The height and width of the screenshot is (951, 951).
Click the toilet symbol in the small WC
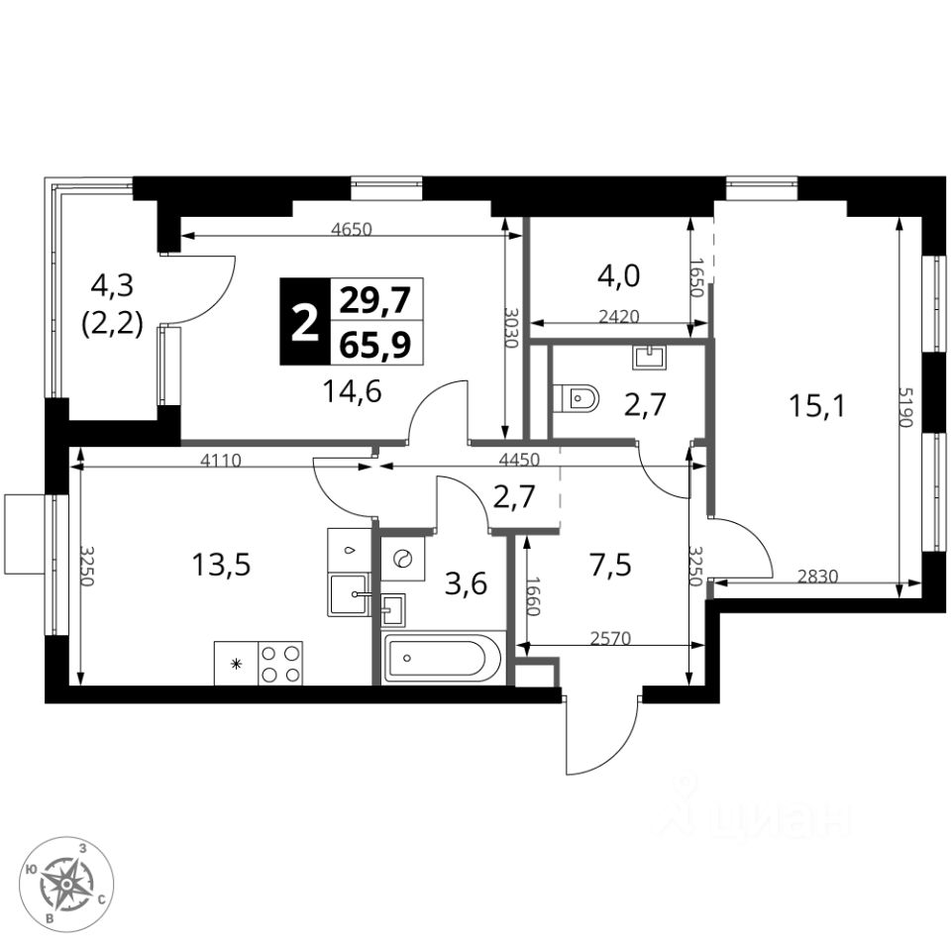[x=577, y=398]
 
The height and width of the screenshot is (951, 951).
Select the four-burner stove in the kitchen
[x=280, y=664]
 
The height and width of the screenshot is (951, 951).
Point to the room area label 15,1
[x=816, y=406]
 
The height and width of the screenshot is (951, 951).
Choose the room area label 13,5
[x=221, y=565]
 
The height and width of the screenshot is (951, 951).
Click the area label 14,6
[x=352, y=392]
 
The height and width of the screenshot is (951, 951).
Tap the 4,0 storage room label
[x=618, y=276]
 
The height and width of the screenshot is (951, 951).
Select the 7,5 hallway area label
[x=610, y=565]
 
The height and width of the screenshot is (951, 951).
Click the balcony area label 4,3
[x=112, y=284]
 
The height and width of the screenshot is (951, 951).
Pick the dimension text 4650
[x=352, y=229]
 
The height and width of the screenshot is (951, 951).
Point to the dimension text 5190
[x=905, y=407]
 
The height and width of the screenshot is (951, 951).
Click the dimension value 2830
[x=817, y=576]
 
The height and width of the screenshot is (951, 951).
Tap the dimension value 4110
[x=221, y=461]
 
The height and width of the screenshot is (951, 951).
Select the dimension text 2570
[x=611, y=638]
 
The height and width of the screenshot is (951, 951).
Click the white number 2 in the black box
[x=304, y=322]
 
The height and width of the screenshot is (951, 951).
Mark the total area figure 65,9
[x=375, y=344]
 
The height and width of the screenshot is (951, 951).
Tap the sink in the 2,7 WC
[x=650, y=357]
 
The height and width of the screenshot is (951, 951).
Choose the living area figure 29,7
[x=375, y=299]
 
